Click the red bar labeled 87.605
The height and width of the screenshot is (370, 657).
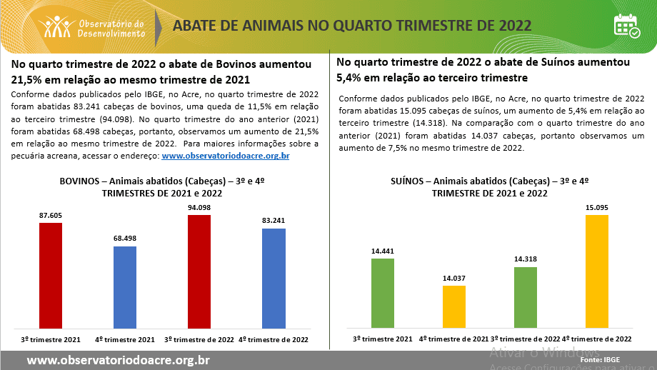51,275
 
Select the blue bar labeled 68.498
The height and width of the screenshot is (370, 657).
125,286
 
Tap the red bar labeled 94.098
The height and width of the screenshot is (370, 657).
199,271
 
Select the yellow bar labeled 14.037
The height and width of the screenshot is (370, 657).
454,306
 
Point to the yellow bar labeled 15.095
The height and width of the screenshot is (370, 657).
597,271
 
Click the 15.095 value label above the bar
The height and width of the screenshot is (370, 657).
597,208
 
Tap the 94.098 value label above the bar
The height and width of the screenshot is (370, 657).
199,208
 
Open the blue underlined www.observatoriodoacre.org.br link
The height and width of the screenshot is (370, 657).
226,156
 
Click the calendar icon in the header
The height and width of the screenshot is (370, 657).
626,26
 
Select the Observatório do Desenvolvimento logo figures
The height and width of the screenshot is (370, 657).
57,27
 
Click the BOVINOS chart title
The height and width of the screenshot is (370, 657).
162,187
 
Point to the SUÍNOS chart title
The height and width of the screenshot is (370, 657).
490,187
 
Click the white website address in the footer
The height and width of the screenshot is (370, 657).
118,360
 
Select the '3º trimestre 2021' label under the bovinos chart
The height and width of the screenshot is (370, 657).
51,339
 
